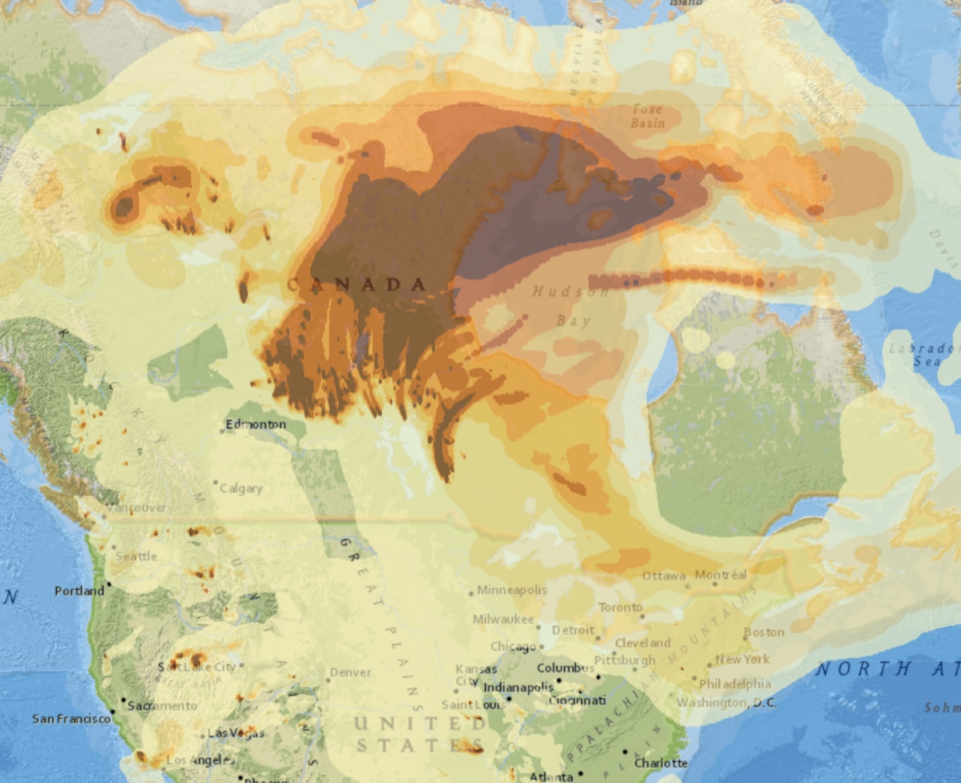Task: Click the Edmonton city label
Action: [x=255, y=424]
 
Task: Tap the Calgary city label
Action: [x=241, y=488]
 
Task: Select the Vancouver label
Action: [x=137, y=508]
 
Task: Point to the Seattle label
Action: [x=137, y=556]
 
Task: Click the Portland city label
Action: [x=79, y=591]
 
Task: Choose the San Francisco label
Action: [x=71, y=718]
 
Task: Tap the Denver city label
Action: [x=351, y=672]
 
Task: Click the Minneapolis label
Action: [x=512, y=590]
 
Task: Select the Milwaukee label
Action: [x=503, y=619]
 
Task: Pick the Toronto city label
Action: [x=620, y=607]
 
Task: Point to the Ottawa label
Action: [x=664, y=576]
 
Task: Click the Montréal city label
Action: [x=721, y=575]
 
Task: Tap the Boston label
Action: [x=764, y=632]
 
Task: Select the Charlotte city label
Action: [x=661, y=763]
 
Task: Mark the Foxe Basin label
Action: [x=647, y=116]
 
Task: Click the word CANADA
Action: [x=357, y=284]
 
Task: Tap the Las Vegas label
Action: [x=236, y=733]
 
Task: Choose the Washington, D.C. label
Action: [x=727, y=703]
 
